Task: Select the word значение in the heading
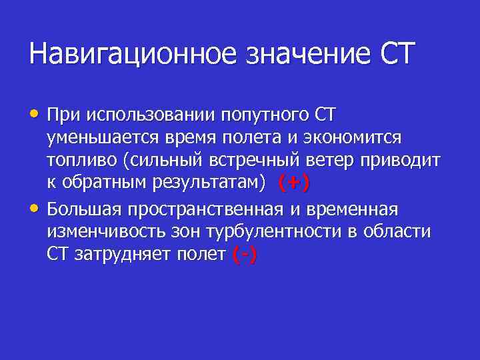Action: coord(299,53)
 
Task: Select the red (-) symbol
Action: coord(245,255)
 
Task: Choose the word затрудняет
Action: coord(121,255)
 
